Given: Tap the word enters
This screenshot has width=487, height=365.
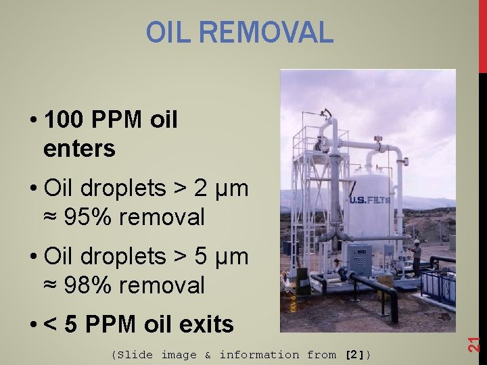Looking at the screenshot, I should click(79, 148).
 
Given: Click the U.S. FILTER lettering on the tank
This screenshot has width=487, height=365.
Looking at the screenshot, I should click(369, 200).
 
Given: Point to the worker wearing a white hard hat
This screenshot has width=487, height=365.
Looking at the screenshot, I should click(417, 254).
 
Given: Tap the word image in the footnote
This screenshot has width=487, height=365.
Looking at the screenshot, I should click(179, 355).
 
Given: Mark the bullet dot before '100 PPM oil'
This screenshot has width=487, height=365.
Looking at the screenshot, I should click(33, 121).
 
